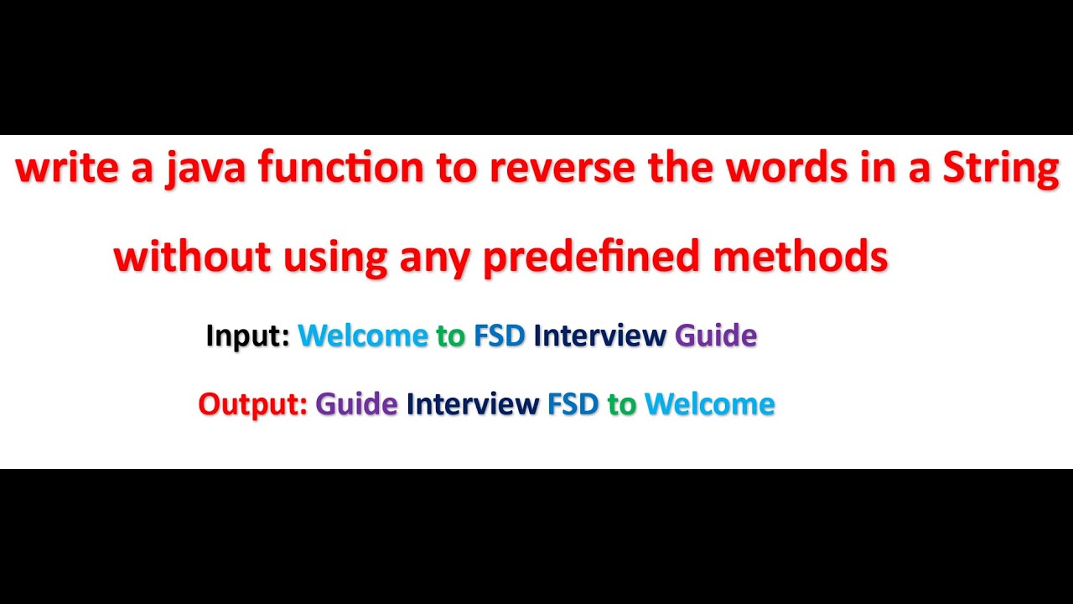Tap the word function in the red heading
[x=341, y=169]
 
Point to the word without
[x=192, y=257]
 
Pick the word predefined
[x=591, y=257]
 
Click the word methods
[x=801, y=257]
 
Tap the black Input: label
[x=247, y=336]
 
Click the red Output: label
[x=252, y=404]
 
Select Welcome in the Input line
[x=363, y=336]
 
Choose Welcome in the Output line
[x=710, y=404]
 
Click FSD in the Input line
[x=500, y=336]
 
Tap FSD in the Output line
[x=573, y=404]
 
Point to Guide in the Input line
[x=716, y=336]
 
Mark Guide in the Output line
[x=356, y=404]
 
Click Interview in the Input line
[x=599, y=336]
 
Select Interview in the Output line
[x=473, y=404]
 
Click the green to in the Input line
[x=451, y=336]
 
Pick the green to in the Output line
[x=622, y=404]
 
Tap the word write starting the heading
[x=66, y=169]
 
